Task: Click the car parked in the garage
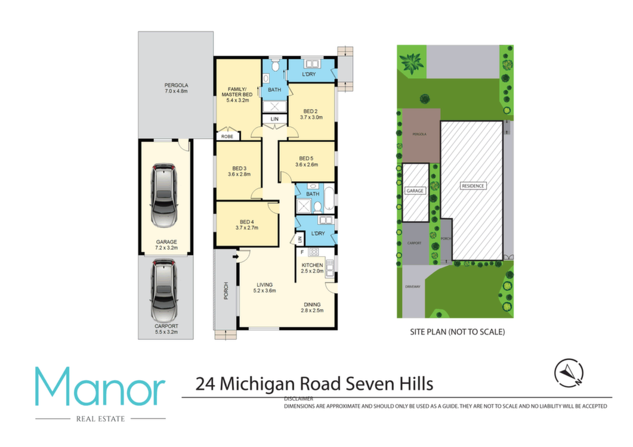tap(164, 195)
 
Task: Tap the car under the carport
tap(164, 290)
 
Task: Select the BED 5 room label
tap(307, 159)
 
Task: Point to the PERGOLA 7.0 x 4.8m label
tap(176, 88)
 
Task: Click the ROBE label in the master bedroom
tap(227, 136)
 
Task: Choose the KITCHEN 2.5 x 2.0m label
tap(313, 268)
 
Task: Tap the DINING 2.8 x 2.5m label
tap(312, 308)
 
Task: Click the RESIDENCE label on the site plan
tap(473, 186)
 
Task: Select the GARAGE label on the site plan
tap(415, 191)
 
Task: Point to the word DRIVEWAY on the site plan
tap(413, 287)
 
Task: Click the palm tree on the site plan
tap(412, 63)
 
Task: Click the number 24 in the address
tap(205, 384)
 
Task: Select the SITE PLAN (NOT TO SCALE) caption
tap(458, 332)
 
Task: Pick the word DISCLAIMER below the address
tap(298, 399)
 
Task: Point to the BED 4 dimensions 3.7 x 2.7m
tap(246, 228)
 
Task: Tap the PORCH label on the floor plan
tap(226, 290)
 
